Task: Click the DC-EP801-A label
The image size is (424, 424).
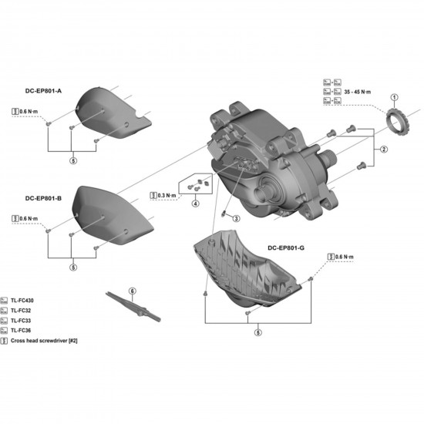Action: [43, 91]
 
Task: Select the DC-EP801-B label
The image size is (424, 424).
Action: [43, 197]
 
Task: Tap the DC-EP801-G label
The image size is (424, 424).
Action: [286, 247]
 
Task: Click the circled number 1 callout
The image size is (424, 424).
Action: [393, 98]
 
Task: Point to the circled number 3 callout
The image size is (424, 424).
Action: [237, 220]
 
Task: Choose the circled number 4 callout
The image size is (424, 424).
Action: [196, 204]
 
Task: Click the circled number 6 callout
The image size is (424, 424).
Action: [132, 291]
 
